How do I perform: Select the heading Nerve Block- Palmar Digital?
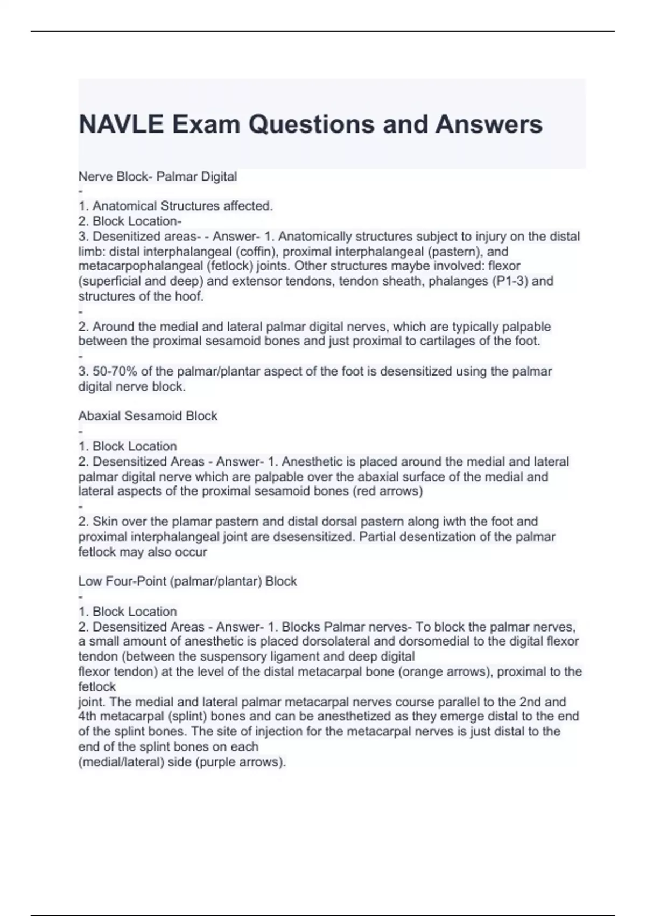point(158,176)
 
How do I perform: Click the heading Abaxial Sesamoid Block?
point(148,416)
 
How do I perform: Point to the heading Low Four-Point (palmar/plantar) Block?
point(187,581)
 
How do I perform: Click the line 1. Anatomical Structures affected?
point(175,206)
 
